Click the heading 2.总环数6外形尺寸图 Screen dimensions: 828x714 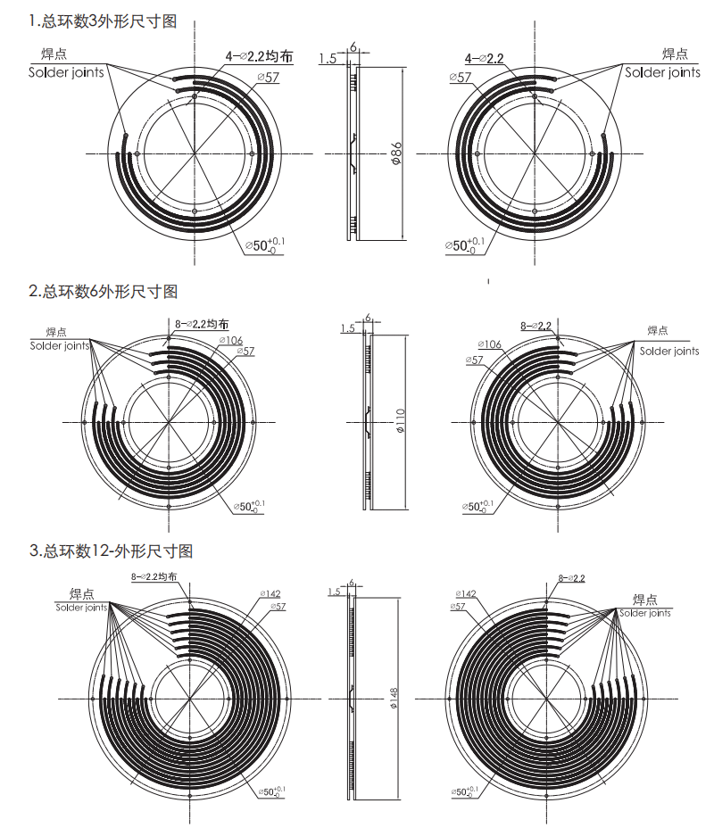103,291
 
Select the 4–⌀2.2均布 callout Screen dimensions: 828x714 258,56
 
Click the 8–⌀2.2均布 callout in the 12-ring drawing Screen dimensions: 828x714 160,577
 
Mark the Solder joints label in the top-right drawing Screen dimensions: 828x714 662,72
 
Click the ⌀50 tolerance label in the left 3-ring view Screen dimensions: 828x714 265,244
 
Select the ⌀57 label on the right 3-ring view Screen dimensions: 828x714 461,78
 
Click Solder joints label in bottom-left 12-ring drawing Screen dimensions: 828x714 81,608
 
